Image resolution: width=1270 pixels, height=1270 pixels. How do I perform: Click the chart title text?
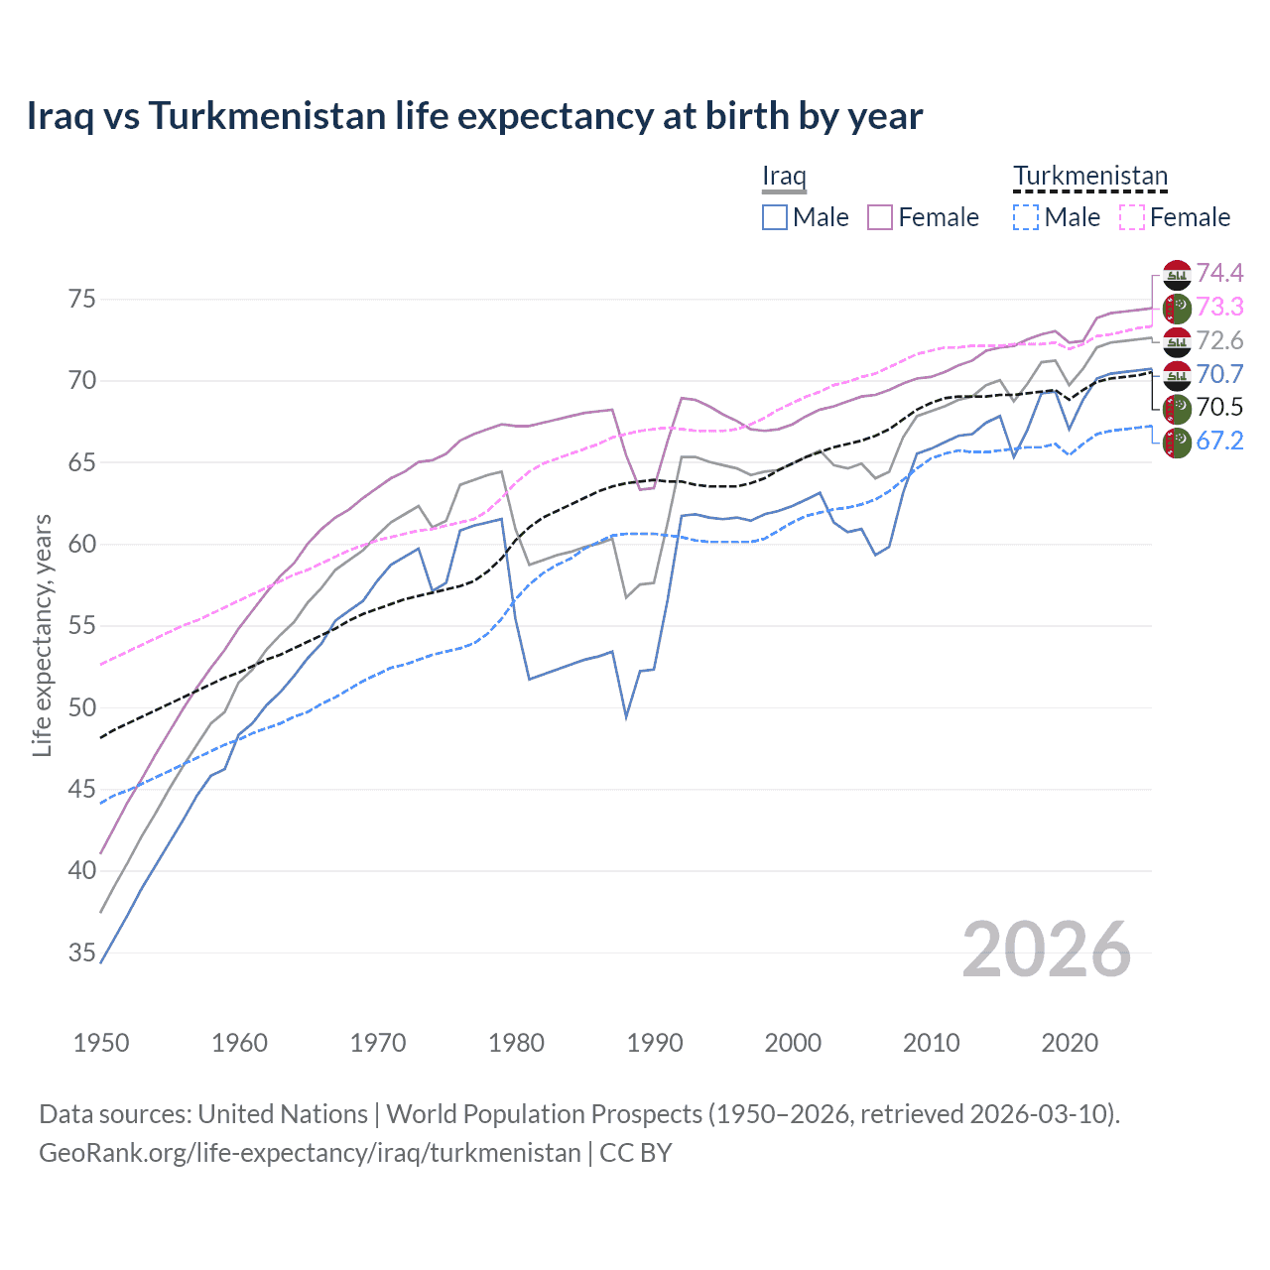pyautogui.click(x=474, y=116)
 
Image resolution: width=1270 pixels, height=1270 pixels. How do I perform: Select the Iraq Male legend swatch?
pyautogui.click(x=775, y=217)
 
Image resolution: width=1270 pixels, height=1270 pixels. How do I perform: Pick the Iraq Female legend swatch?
pyautogui.click(x=880, y=217)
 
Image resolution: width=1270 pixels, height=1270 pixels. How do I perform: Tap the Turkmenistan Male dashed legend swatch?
pyautogui.click(x=1026, y=217)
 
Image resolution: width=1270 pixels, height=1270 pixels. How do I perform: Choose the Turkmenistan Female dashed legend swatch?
pyautogui.click(x=1131, y=217)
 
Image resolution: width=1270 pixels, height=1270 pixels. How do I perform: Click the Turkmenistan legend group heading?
pyautogui.click(x=1089, y=177)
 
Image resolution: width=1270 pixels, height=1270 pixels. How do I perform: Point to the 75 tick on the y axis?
pyautogui.click(x=82, y=300)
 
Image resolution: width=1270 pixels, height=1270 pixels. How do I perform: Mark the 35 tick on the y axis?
pyautogui.click(x=82, y=953)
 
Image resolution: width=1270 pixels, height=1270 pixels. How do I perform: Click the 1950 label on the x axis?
pyautogui.click(x=101, y=1043)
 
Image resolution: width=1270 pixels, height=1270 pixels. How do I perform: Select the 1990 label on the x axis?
pyautogui.click(x=655, y=1043)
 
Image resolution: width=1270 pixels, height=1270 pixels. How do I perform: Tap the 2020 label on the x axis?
pyautogui.click(x=1070, y=1043)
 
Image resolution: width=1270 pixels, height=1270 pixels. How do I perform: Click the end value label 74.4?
pyautogui.click(x=1219, y=273)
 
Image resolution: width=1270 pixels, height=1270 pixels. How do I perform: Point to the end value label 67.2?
pyautogui.click(x=1219, y=441)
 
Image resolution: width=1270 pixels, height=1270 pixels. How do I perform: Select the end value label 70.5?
pyautogui.click(x=1219, y=407)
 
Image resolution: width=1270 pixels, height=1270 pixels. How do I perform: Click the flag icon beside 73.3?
pyautogui.click(x=1177, y=308)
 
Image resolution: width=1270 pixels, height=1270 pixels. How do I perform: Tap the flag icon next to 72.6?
pyautogui.click(x=1177, y=341)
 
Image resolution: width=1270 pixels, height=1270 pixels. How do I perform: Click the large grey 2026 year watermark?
pyautogui.click(x=1046, y=950)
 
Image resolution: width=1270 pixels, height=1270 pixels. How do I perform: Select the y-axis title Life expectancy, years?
pyautogui.click(x=43, y=635)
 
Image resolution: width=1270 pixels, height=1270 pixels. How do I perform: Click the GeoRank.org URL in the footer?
pyautogui.click(x=310, y=1153)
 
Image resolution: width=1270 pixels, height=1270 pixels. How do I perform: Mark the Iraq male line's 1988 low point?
pyautogui.click(x=626, y=716)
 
